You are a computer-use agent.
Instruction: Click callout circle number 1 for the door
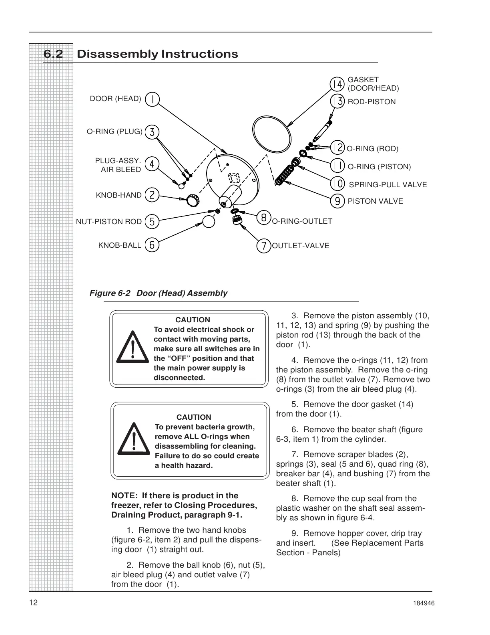[152, 99]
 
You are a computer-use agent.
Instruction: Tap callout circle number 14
[337, 84]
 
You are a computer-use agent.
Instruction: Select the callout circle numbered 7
[263, 246]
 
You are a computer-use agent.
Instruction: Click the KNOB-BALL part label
[120, 245]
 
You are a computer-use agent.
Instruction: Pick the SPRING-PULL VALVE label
[388, 185]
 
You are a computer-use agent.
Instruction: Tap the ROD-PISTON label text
[372, 102]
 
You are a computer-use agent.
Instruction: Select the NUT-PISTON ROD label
[109, 222]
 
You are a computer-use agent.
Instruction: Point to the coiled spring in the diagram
[285, 175]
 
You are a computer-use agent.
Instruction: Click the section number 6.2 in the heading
[53, 54]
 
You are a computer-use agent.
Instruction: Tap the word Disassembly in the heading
[117, 54]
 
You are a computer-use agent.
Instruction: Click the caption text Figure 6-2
[110, 293]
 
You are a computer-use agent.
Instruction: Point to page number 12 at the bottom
[33, 603]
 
